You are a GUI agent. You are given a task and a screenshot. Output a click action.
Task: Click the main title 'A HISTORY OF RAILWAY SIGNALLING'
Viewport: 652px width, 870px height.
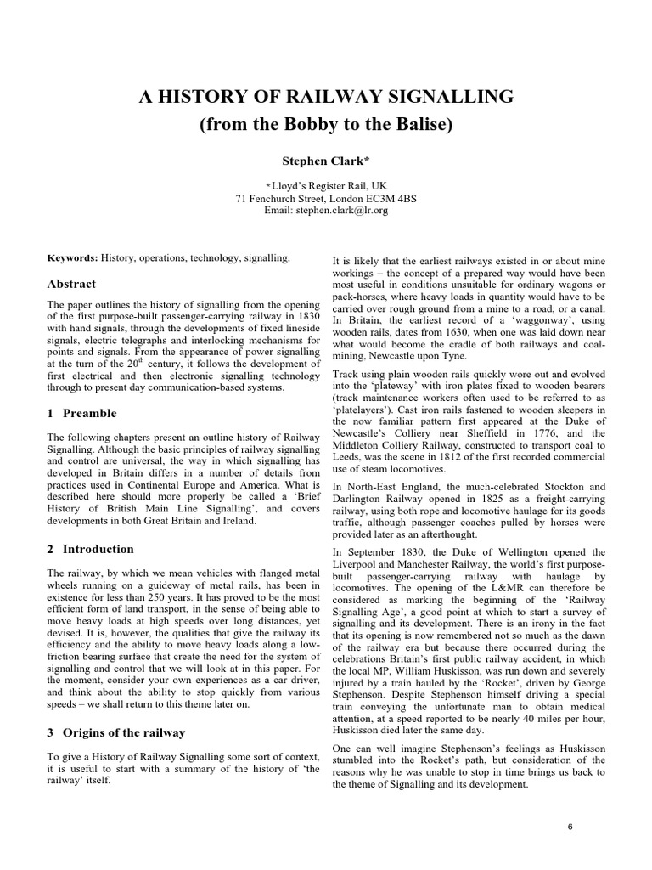click(326, 97)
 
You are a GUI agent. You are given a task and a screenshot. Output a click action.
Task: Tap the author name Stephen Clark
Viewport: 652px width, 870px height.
click(326, 161)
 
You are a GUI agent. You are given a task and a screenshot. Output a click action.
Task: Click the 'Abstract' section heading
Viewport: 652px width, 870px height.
click(71, 284)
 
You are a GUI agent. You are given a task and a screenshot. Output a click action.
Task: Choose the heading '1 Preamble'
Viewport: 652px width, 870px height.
click(81, 413)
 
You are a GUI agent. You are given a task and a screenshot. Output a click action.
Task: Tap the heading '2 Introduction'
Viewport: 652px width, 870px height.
click(90, 549)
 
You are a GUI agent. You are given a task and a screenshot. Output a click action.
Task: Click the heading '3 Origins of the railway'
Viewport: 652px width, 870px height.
click(116, 732)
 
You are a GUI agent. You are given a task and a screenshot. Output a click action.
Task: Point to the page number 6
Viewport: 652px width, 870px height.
click(570, 825)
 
